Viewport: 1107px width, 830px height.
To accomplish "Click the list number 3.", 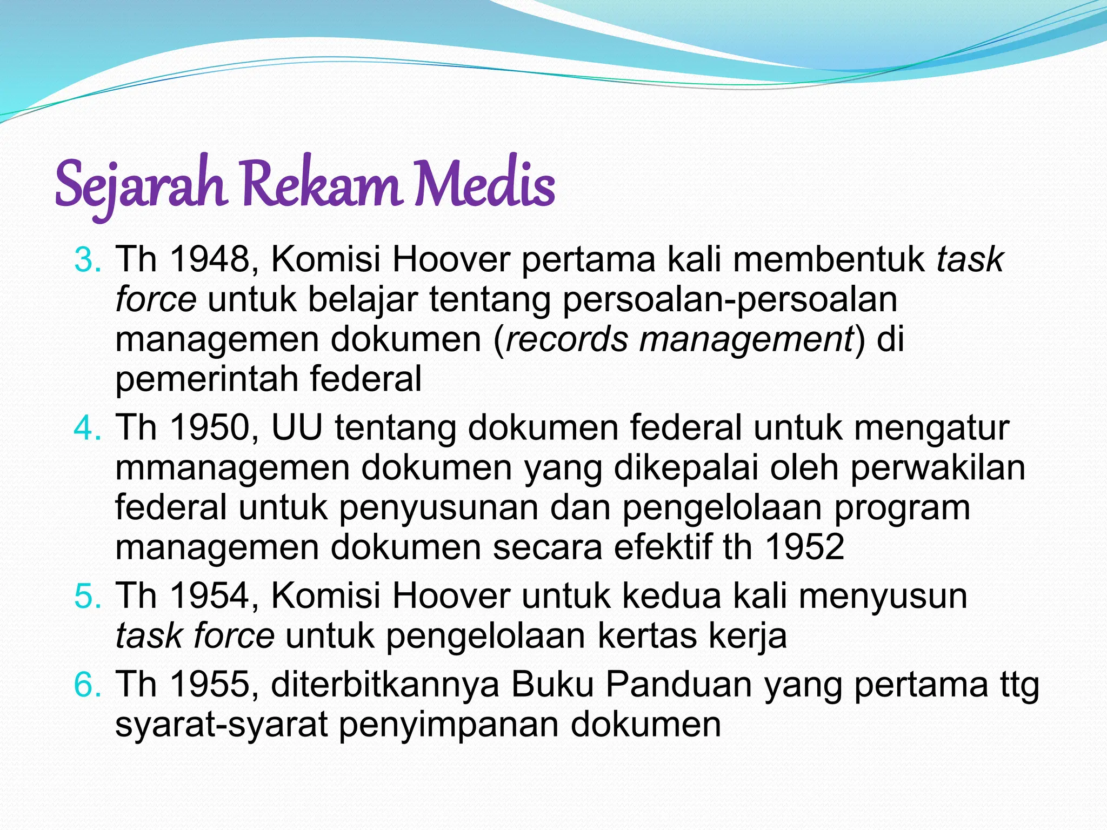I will click(86, 260).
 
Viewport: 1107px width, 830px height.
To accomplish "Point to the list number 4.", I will click(86, 429).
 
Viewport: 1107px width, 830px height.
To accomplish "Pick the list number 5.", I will click(86, 597).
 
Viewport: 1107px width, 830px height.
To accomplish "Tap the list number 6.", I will click(86, 685).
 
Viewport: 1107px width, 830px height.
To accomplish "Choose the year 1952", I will click(805, 547).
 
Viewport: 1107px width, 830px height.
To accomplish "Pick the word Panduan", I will click(679, 685).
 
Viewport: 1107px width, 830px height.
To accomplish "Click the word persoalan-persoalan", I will click(730, 300).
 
